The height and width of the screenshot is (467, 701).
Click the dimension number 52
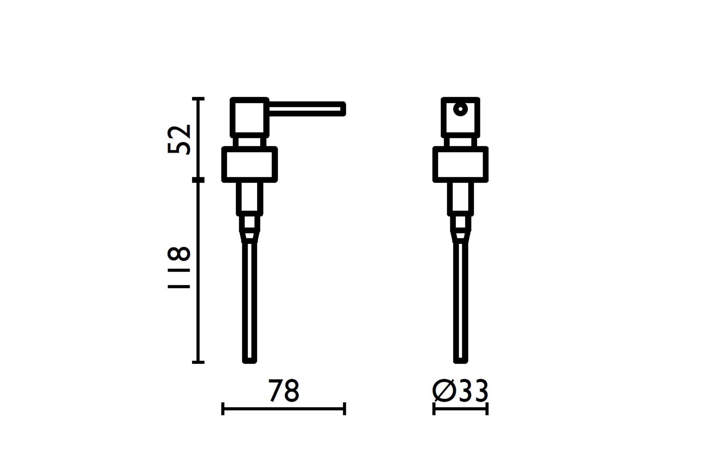[x=179, y=140]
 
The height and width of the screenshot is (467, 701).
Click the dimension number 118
[x=179, y=267]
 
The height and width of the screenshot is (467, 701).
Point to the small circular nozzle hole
[x=461, y=109]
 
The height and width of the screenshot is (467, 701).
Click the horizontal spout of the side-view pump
[x=307, y=109]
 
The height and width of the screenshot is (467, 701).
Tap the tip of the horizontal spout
[x=346, y=109]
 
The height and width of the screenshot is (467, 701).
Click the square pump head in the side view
[x=249, y=117]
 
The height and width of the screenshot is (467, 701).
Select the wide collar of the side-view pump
[x=249, y=164]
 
